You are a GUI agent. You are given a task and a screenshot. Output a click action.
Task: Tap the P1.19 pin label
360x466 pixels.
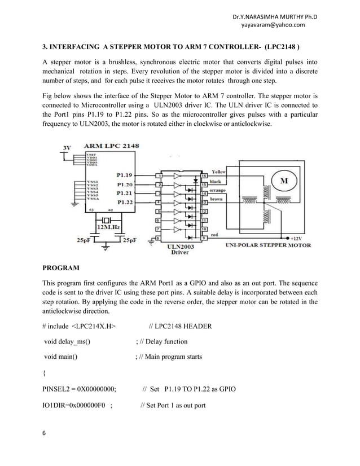[x=125, y=175]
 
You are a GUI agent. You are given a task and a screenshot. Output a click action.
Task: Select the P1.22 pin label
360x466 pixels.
[x=125, y=201]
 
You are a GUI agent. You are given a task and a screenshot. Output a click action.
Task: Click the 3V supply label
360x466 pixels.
[x=66, y=148]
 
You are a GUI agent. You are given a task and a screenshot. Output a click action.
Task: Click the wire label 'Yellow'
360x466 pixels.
[x=218, y=171]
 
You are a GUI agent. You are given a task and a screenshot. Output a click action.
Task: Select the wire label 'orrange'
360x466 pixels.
[x=218, y=191]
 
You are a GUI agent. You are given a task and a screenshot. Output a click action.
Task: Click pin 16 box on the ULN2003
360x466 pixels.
[x=204, y=175]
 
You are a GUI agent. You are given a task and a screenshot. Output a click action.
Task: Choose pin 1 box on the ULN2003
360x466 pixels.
[x=160, y=175]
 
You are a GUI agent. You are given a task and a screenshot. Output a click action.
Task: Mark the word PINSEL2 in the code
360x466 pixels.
[x=59, y=389]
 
